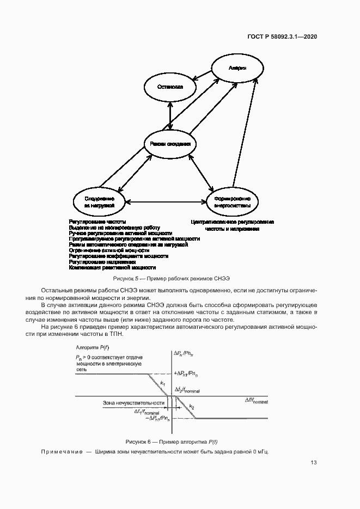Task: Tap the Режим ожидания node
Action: (x=170, y=144)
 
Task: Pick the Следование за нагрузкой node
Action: (x=99, y=203)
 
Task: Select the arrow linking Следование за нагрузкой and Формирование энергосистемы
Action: (x=166, y=203)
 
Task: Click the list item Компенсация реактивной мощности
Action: (x=113, y=268)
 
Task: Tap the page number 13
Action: (x=314, y=463)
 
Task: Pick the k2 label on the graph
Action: (x=192, y=406)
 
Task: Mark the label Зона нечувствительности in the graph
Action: (x=134, y=403)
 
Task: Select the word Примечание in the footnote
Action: (x=62, y=452)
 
